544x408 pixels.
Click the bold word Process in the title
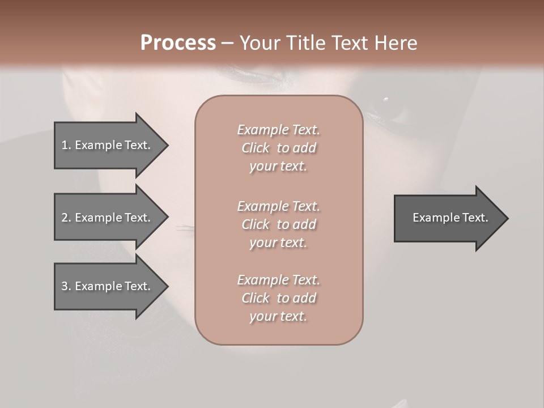pyautogui.click(x=178, y=43)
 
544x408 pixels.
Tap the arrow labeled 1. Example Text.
pyautogui.click(x=106, y=145)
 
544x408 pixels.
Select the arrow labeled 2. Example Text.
pyautogui.click(x=106, y=217)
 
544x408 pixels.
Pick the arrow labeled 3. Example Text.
pyautogui.click(x=106, y=286)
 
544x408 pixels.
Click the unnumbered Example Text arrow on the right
pyautogui.click(x=450, y=218)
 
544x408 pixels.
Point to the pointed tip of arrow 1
pyautogui.click(x=167, y=145)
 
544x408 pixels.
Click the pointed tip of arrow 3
pyautogui.click(x=167, y=286)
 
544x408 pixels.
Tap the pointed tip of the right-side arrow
pyautogui.click(x=507, y=218)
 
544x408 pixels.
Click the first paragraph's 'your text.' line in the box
pyautogui.click(x=278, y=167)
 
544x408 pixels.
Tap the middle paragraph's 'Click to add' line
pyautogui.click(x=279, y=224)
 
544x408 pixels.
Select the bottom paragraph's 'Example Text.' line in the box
pyautogui.click(x=279, y=280)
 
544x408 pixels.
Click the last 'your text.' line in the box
pyautogui.click(x=278, y=317)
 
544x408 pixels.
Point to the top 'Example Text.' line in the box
pyautogui.click(x=279, y=130)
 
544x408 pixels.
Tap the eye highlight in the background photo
pyautogui.click(x=386, y=100)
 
